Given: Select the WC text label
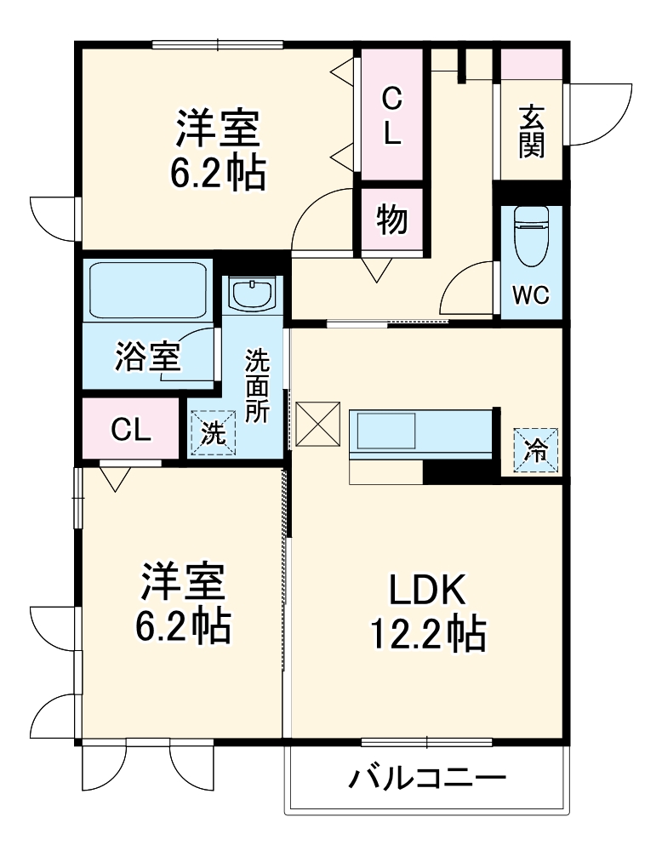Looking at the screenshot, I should pos(531,296).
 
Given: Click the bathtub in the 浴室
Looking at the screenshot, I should pos(148,290).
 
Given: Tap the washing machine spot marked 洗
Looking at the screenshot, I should pos(212,433).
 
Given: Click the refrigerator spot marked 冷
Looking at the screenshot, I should pos(536,448).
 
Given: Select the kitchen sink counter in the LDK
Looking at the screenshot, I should pos(420,434).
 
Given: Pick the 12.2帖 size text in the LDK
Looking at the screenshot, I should pos(427,634).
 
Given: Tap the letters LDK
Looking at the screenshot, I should pos(427,589).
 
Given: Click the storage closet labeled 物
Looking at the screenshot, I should pos(391,220).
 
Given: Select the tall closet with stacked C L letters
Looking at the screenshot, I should pos(391,115).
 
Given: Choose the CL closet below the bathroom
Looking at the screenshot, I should pos(131,430).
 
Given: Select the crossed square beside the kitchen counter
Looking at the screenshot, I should pos(317,425).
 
